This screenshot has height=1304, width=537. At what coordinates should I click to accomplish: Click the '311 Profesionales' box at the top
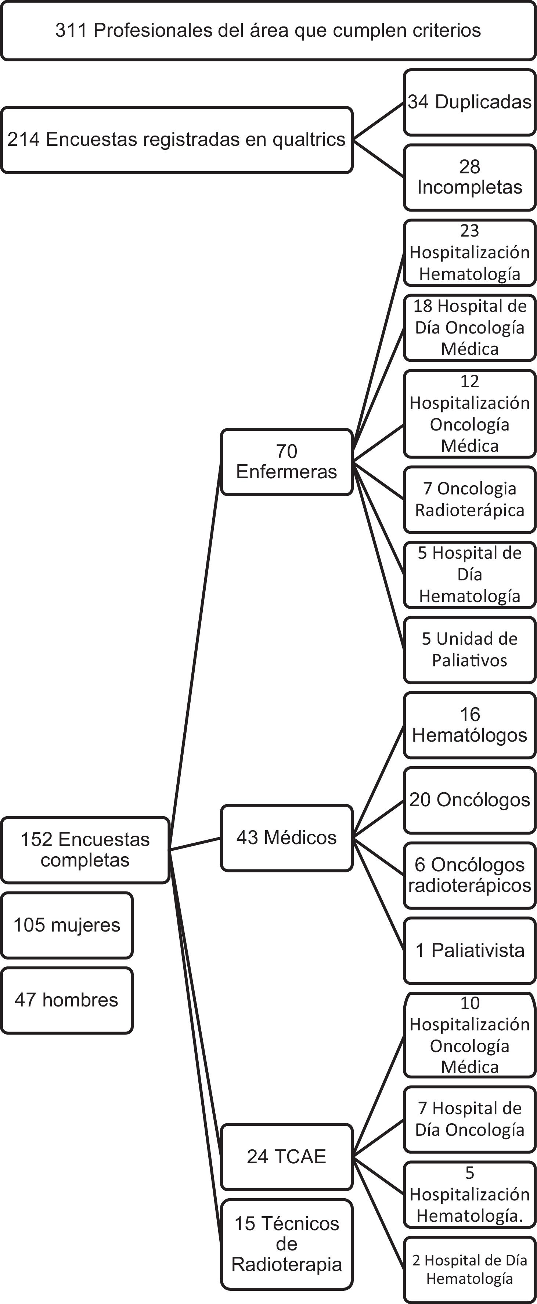(x=268, y=30)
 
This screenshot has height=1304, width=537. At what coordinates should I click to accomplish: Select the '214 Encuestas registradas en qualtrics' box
(x=176, y=140)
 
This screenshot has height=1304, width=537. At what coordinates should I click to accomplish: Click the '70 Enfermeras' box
(x=286, y=462)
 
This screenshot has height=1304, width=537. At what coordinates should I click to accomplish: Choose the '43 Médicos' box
(x=286, y=838)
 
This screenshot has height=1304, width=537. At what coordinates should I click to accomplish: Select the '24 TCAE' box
(x=286, y=1157)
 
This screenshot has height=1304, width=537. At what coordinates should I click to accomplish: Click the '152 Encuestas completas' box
(x=85, y=850)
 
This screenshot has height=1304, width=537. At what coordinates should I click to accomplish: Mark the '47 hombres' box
(x=67, y=1000)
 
